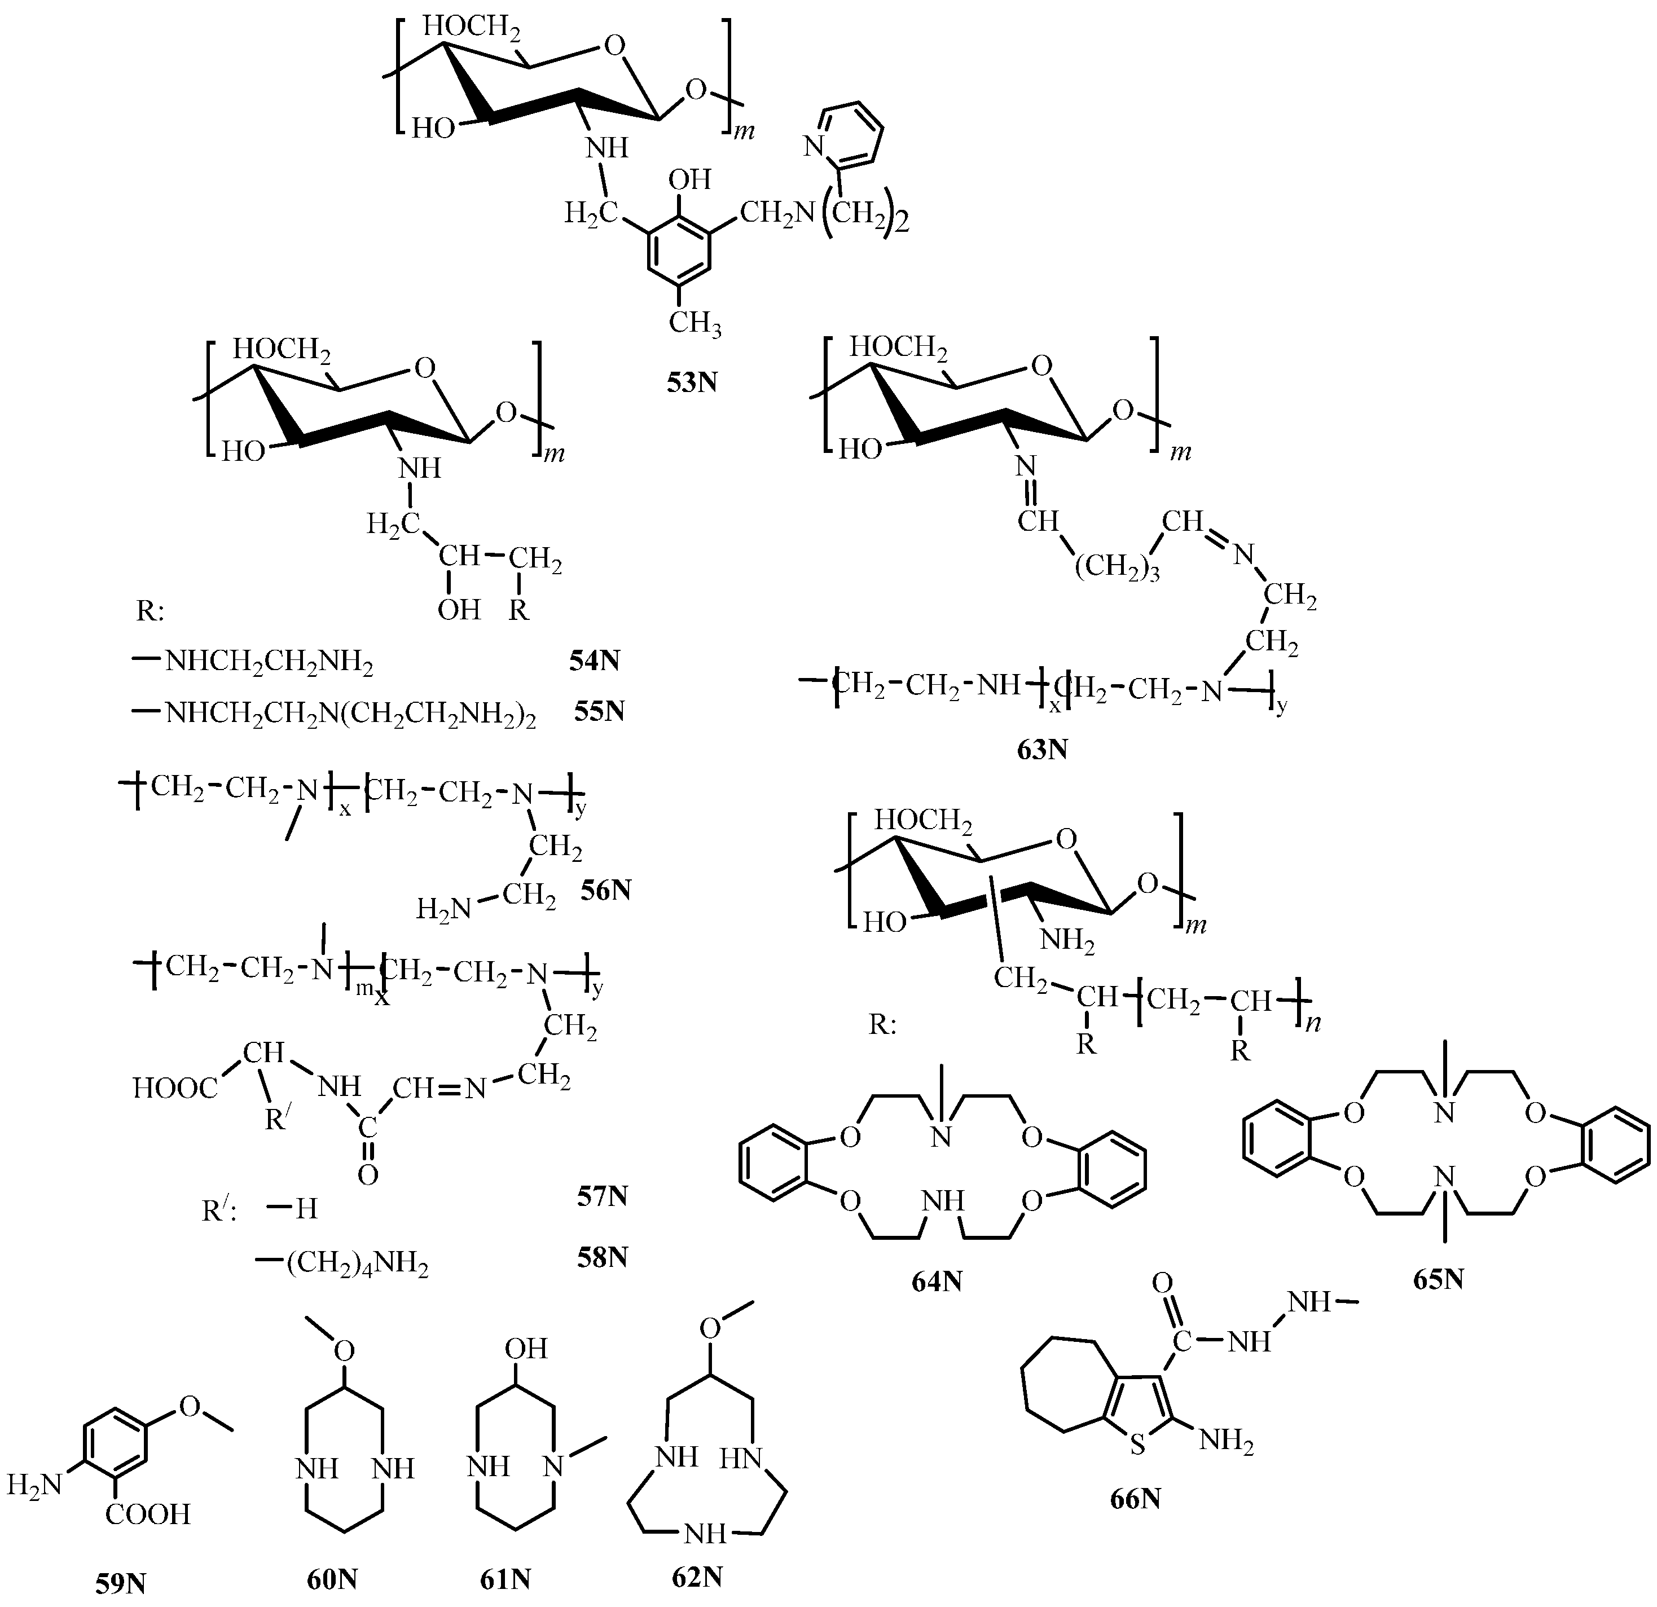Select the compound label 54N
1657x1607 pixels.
coord(594,659)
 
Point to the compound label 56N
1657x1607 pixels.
coord(605,891)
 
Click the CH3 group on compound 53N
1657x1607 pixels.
coord(695,322)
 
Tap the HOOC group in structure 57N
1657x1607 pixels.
coord(175,1088)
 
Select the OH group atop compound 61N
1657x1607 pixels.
coord(526,1348)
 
